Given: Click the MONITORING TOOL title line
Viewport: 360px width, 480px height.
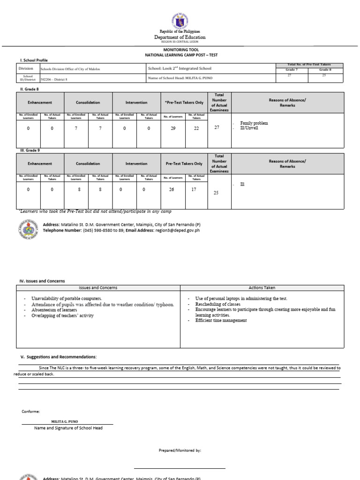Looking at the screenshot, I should click(180, 49).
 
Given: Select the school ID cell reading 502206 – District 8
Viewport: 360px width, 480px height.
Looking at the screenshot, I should click(54, 79).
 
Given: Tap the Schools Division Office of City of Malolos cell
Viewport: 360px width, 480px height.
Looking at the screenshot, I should click(70, 69).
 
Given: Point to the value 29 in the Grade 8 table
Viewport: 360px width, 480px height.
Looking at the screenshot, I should click(173, 128).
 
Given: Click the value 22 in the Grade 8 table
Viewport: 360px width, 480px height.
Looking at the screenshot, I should click(196, 128).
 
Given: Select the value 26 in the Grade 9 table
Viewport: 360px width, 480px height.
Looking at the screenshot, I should click(173, 189).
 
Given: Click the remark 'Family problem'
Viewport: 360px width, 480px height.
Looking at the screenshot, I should click(254, 123).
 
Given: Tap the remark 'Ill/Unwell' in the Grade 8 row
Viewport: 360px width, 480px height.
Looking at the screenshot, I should click(249, 127).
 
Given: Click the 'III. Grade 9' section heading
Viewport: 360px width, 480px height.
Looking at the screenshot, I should click(29, 150).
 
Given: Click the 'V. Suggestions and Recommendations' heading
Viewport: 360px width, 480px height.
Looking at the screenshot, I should click(58, 357).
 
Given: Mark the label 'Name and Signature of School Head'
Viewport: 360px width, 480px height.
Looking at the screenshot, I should click(68, 427).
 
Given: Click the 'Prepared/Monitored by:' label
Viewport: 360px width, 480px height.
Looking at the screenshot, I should click(180, 450).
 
